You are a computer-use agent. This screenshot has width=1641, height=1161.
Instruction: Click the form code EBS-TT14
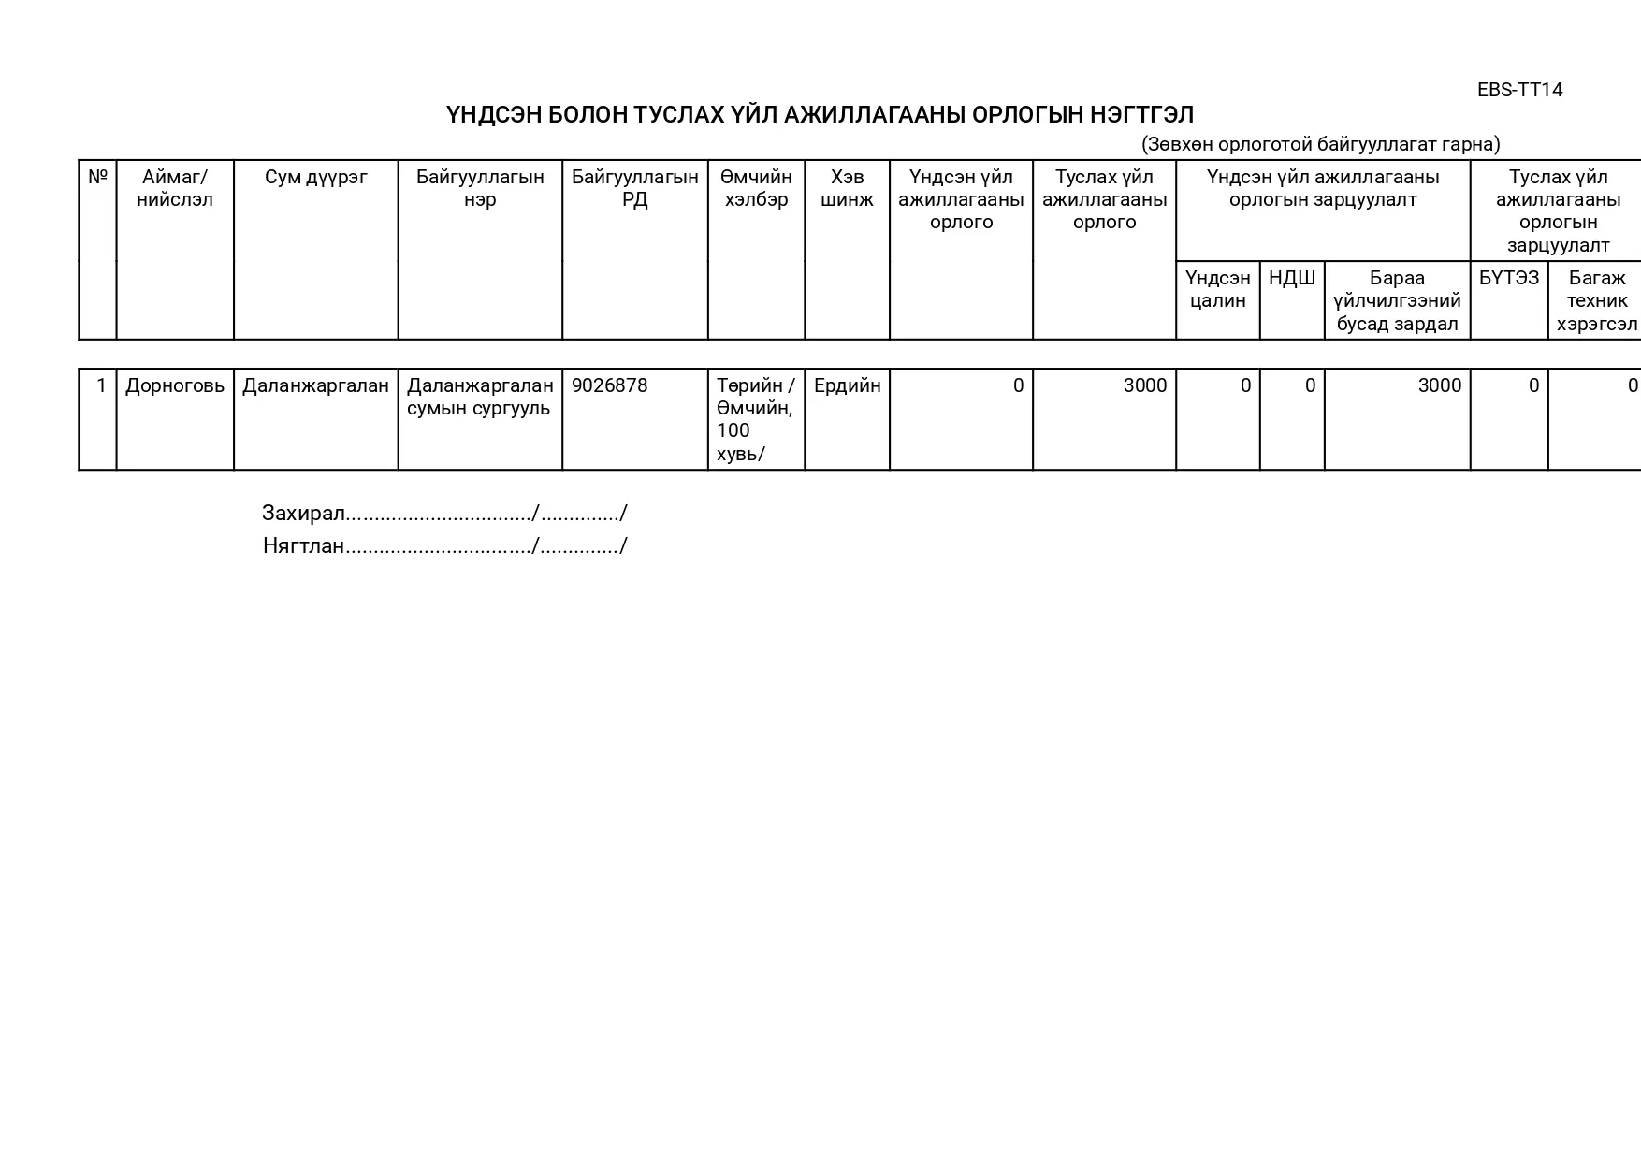pos(1519,90)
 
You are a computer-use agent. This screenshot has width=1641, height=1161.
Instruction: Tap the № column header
pos(97,177)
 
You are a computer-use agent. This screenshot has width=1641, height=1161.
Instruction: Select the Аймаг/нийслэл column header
pos(175,188)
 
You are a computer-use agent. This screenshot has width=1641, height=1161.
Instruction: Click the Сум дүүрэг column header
pos(316,177)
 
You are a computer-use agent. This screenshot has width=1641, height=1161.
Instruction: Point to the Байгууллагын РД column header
pos(634,188)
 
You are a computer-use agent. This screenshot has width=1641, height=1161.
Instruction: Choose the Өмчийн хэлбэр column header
pos(756,188)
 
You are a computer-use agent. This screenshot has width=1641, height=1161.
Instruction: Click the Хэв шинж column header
pos(847,188)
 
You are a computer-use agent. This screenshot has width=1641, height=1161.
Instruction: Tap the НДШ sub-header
pos(1291,278)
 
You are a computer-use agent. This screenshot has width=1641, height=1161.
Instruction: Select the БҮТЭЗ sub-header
pos(1508,278)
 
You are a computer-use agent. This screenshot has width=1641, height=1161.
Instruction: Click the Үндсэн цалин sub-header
pos(1217,289)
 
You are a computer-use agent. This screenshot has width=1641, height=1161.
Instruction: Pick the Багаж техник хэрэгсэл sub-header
pos(1596,300)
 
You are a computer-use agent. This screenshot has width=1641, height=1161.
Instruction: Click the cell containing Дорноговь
pos(175,385)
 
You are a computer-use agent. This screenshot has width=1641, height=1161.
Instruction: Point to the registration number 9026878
pos(609,385)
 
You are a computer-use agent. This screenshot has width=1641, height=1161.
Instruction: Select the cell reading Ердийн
pos(847,385)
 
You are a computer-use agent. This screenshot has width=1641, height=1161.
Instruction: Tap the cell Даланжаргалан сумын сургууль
pos(480,397)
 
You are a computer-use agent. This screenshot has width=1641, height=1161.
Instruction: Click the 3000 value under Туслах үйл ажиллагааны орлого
pos(1144,385)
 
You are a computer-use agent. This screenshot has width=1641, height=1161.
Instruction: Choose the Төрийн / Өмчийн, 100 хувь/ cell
pos(755,419)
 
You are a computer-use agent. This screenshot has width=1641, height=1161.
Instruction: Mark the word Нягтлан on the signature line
pos(303,546)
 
